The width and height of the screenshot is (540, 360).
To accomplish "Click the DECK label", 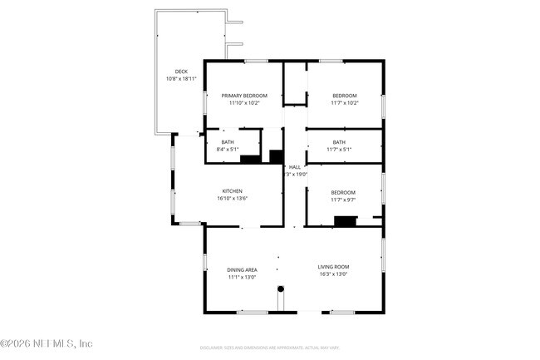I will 180,72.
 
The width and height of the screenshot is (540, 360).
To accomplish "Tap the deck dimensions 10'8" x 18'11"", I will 180,79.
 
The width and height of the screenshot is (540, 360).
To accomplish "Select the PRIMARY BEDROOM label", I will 244,96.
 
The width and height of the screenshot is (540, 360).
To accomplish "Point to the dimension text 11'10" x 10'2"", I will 244,103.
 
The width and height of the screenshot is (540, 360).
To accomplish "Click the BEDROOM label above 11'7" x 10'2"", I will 344,96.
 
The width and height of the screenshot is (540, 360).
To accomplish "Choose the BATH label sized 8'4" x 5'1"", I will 227,142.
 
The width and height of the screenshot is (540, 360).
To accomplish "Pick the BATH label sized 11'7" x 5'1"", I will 338,142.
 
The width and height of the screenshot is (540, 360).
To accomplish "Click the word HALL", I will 295,167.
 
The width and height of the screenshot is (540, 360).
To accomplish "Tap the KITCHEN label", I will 232,190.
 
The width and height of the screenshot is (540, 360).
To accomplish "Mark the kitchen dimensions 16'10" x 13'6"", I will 232,198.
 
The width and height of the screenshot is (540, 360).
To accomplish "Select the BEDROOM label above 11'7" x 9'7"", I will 343,192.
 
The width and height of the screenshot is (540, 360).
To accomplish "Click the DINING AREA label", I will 242,269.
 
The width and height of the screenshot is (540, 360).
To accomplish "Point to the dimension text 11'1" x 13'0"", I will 242,277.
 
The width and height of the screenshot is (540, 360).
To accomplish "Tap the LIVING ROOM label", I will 332,267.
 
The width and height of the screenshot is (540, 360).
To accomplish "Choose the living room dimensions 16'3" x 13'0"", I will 332,274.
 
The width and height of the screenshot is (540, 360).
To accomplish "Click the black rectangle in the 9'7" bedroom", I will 345,220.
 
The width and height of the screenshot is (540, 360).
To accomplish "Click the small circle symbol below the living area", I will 281,288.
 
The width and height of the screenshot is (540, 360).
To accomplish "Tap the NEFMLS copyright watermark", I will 47,343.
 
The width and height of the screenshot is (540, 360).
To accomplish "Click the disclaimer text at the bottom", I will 270,350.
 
